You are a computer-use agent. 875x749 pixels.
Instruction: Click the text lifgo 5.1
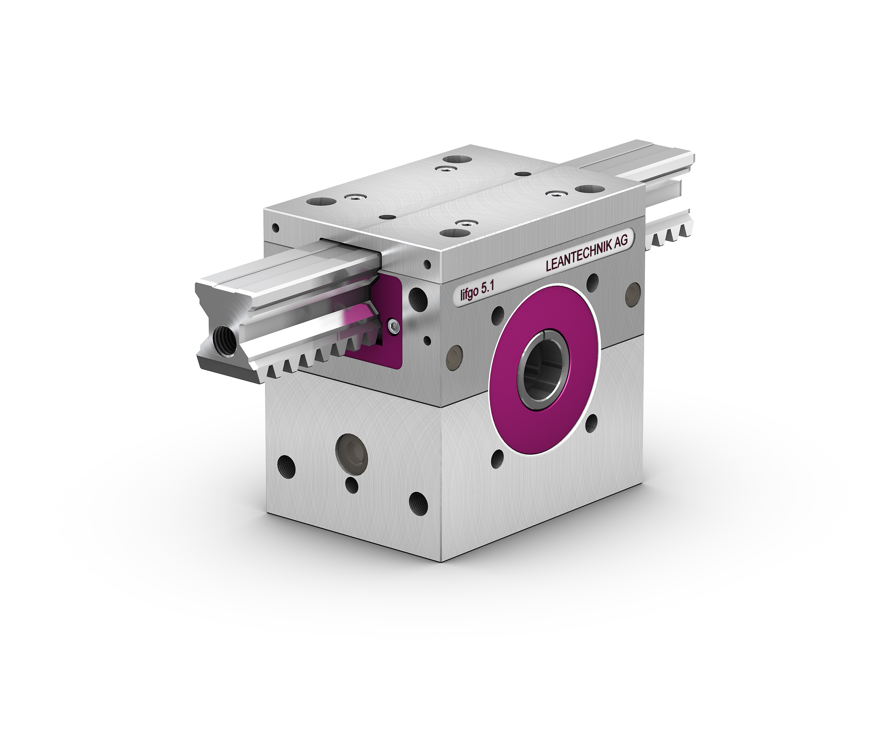pos(477,291)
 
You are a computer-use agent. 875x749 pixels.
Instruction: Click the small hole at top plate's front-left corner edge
pos(276,228)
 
